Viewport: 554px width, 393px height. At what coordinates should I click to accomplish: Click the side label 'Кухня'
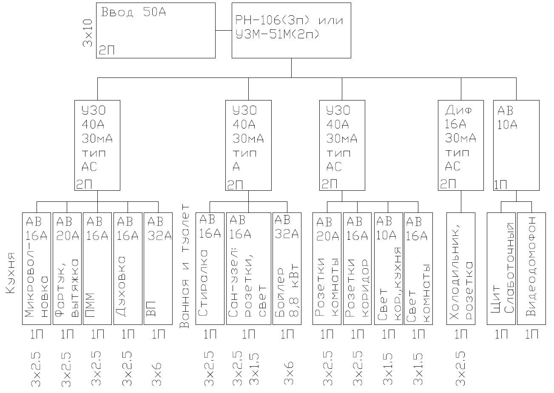10,273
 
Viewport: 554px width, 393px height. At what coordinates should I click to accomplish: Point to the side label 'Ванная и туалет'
185,266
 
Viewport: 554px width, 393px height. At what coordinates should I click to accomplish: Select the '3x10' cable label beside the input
88,33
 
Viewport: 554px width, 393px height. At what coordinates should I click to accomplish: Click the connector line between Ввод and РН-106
224,31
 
